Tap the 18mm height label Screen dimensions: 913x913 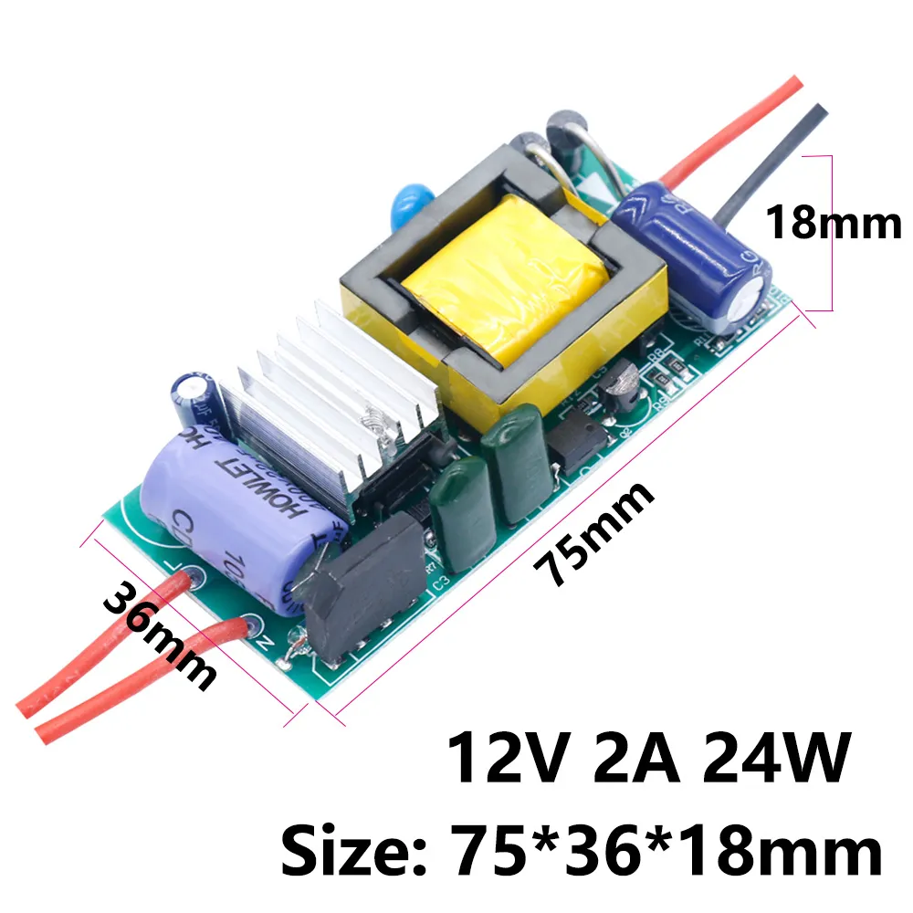(833, 222)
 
